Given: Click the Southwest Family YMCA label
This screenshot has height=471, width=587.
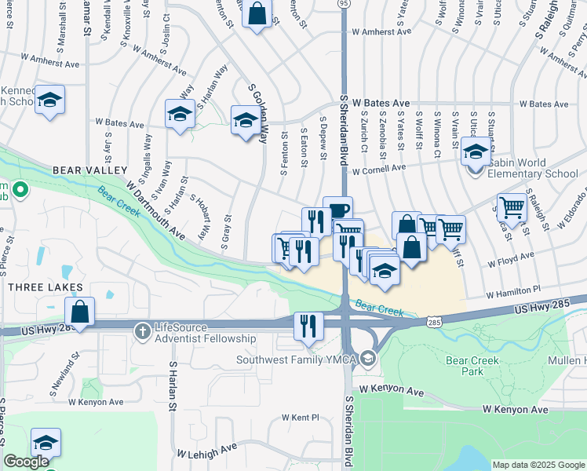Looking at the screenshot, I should [x=297, y=360].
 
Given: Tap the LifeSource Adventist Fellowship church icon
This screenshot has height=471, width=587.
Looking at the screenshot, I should [x=142, y=330].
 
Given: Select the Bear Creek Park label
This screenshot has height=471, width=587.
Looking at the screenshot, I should [x=469, y=365].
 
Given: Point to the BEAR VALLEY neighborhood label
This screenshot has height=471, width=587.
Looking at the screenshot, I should [x=89, y=170].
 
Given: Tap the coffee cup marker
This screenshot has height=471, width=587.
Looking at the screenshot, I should [x=337, y=210].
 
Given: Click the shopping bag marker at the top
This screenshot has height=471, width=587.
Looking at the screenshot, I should [x=256, y=14].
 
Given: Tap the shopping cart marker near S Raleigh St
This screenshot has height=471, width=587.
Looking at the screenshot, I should [x=512, y=208].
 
